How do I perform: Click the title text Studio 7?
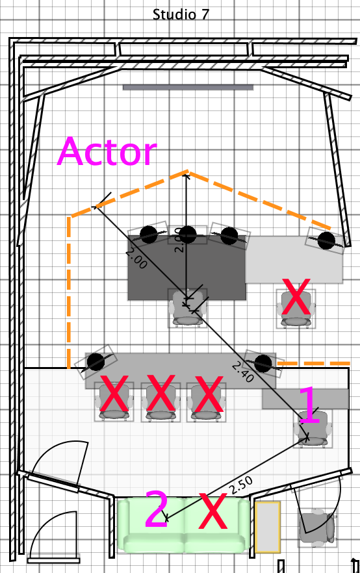[x=181, y=14]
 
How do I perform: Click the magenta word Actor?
[x=107, y=151]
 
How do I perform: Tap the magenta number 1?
[x=309, y=405]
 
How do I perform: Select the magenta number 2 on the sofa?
[x=157, y=509]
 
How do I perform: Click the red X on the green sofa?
[x=212, y=511]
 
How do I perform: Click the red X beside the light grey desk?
[x=296, y=297]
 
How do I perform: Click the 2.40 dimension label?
[x=243, y=372]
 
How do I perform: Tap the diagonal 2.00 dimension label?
[x=136, y=258]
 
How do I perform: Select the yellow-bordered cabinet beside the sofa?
[x=268, y=527]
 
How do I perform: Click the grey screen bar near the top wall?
[x=188, y=87]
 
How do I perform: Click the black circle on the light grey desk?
[x=326, y=240]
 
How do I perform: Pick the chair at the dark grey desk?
[x=188, y=308]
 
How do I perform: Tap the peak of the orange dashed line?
[x=188, y=171]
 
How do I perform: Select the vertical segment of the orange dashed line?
[x=69, y=292]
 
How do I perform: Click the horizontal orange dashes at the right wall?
[x=314, y=363]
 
